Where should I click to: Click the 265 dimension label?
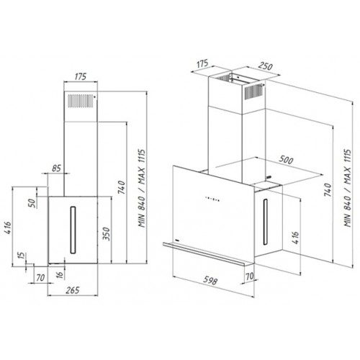click(73, 290)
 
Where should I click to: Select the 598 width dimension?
click(210, 280)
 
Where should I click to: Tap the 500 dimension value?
click(286, 160)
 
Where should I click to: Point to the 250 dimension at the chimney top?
click(266, 66)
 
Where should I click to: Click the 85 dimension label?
click(57, 168)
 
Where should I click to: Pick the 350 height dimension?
click(106, 233)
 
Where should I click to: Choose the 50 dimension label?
click(32, 203)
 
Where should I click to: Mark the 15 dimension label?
click(21, 256)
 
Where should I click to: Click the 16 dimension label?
click(60, 274)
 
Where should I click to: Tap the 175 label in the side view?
click(80, 76)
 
